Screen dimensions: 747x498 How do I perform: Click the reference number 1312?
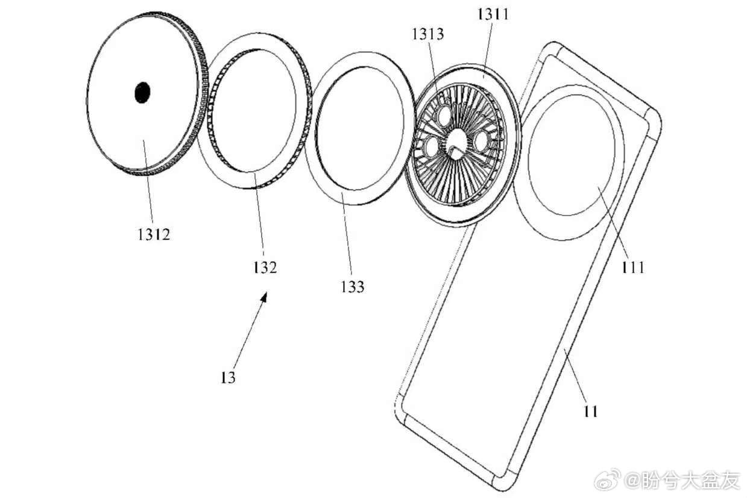click(154, 235)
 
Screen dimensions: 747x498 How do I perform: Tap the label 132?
click(265, 267)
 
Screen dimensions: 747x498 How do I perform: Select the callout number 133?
click(353, 287)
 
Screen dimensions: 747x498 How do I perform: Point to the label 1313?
click(428, 34)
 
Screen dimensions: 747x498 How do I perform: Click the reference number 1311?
click(493, 14)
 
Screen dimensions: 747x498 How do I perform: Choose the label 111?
click(633, 267)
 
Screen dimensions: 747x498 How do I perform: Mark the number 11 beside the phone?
click(591, 412)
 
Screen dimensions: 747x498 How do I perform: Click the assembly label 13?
click(228, 378)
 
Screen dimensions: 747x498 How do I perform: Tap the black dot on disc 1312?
click(142, 92)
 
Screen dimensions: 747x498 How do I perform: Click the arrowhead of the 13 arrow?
click(264, 297)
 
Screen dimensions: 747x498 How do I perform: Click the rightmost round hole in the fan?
click(481, 141)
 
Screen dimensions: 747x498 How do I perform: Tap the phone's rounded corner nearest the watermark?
click(503, 483)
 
